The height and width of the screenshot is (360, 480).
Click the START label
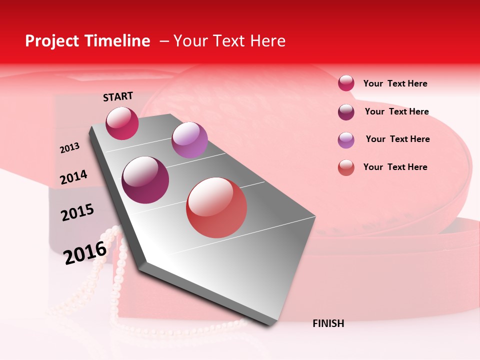(x=118, y=96)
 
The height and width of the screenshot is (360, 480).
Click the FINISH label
(x=328, y=323)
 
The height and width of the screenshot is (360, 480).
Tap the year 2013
(x=69, y=148)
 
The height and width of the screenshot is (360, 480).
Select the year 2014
(x=73, y=177)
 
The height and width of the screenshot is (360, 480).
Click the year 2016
(x=85, y=252)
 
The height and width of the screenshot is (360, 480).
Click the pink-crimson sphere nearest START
(x=122, y=123)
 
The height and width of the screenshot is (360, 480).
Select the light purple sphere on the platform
(x=189, y=140)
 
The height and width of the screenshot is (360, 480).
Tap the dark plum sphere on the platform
(x=145, y=180)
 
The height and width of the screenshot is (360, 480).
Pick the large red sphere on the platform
(x=216, y=207)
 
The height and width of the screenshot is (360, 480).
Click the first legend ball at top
(x=346, y=83)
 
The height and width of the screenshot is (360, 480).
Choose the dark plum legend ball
(x=346, y=112)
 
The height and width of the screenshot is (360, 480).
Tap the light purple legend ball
(x=346, y=140)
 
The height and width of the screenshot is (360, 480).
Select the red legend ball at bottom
(x=346, y=167)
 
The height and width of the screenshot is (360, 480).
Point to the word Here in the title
(x=267, y=41)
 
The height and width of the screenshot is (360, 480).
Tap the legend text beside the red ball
(x=395, y=167)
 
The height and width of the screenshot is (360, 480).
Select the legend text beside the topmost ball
(x=395, y=83)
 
